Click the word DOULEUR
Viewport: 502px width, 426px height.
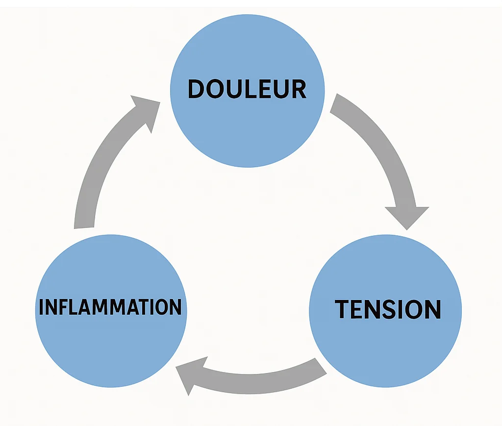(247, 89)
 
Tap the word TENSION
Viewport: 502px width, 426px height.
(388, 309)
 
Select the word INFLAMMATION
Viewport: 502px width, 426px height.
(110, 307)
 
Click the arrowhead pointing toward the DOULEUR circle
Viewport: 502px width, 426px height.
(147, 111)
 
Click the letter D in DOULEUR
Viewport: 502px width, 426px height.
(197, 89)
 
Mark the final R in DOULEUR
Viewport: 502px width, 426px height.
(298, 89)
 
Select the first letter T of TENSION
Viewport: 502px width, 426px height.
(342, 309)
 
